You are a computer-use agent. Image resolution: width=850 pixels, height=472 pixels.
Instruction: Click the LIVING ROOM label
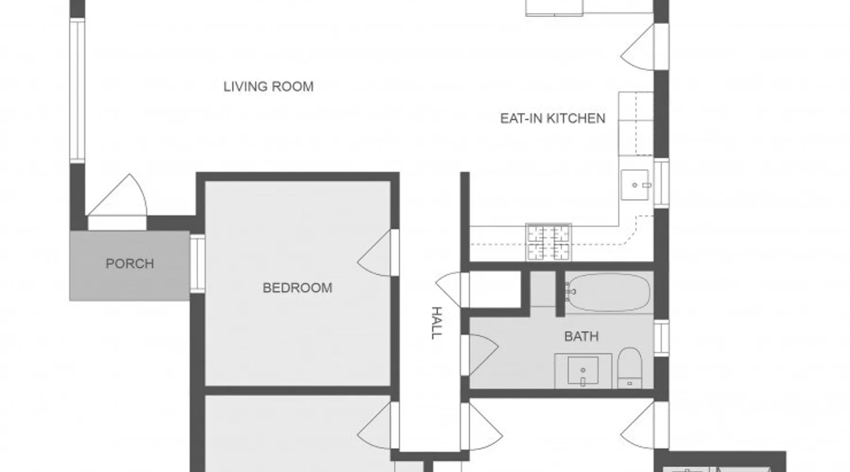(x=268, y=87)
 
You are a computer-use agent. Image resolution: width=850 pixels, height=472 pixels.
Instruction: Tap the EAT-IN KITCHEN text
(x=552, y=118)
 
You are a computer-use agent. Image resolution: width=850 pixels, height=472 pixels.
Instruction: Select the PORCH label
(x=130, y=264)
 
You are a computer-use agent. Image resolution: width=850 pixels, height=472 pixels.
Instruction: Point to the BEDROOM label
(x=297, y=288)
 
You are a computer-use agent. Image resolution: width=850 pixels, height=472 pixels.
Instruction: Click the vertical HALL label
(x=437, y=323)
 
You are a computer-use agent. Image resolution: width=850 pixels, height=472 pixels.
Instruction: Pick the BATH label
(x=582, y=337)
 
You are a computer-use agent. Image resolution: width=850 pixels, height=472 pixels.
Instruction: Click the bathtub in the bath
(x=608, y=293)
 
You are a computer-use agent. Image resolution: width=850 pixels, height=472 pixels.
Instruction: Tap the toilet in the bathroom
(x=629, y=368)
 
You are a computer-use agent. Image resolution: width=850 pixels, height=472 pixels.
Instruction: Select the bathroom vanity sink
(x=583, y=371)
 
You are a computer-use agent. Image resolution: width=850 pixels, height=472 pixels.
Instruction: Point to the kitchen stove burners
(x=549, y=243)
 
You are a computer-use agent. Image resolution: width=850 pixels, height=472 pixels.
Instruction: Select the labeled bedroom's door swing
(x=375, y=253)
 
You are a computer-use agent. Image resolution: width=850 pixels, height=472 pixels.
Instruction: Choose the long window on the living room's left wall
(x=77, y=91)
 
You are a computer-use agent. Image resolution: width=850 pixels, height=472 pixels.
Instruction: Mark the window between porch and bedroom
(x=197, y=263)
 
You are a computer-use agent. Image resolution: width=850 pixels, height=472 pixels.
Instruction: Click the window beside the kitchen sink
(x=661, y=183)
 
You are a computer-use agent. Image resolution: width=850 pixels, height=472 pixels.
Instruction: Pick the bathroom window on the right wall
(x=661, y=338)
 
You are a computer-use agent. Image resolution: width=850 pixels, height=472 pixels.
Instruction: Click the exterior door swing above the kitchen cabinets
(x=637, y=47)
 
